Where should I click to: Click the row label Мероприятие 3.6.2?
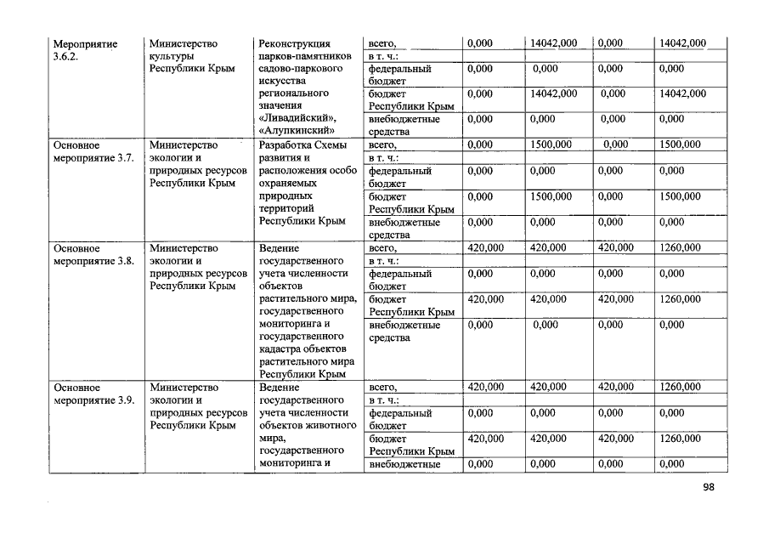85,50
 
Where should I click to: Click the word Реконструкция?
295,43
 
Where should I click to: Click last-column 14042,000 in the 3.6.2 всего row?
682,43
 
